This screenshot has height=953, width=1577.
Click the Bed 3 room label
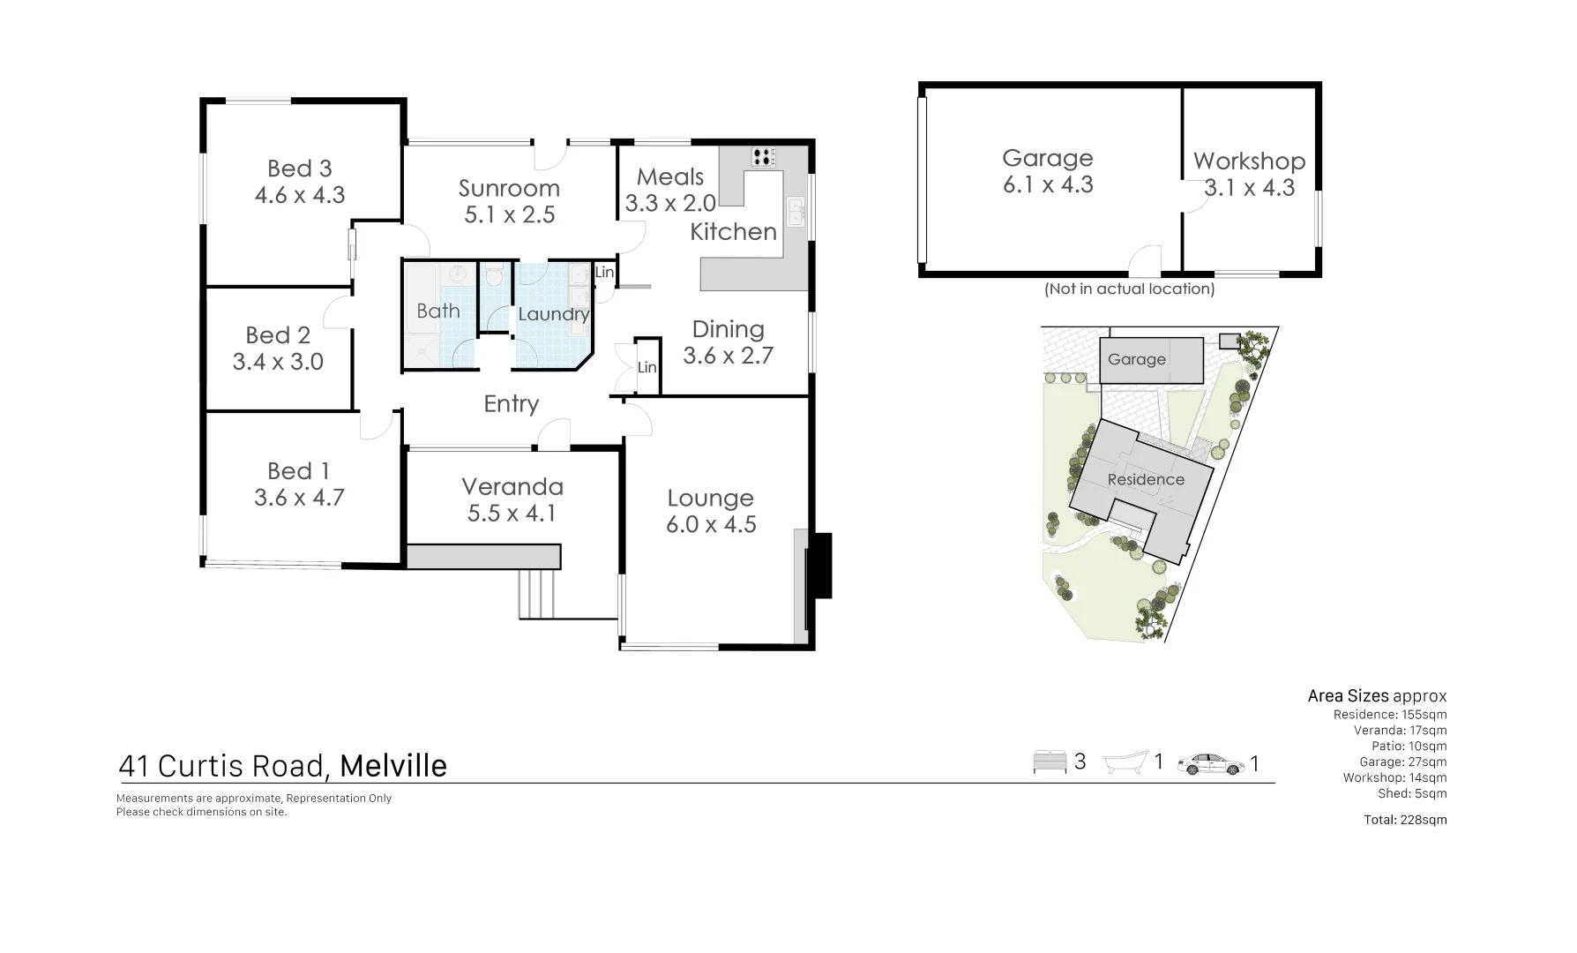(x=299, y=169)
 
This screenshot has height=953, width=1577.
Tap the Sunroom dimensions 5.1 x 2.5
(x=510, y=215)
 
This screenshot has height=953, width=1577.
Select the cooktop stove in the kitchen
(x=764, y=157)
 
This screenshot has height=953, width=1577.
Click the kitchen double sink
(x=796, y=213)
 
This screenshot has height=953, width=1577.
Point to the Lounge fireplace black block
(x=821, y=566)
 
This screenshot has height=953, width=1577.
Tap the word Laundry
(x=553, y=314)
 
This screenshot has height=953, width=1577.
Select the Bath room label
(x=438, y=311)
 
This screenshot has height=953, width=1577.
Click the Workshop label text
(x=1249, y=161)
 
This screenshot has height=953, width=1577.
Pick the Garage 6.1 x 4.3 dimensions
(x=1048, y=185)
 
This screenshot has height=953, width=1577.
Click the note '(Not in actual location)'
(x=1129, y=289)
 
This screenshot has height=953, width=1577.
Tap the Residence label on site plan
(x=1146, y=480)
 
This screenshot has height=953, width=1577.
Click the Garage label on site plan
(x=1136, y=360)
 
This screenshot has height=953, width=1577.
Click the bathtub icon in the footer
(x=1127, y=762)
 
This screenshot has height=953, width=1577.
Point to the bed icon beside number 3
(x=1050, y=762)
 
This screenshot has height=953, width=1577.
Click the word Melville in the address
(x=393, y=766)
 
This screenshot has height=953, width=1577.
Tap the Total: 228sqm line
(x=1405, y=820)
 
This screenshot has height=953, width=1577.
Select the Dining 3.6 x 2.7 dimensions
(x=728, y=356)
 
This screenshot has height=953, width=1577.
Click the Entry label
(x=511, y=404)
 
